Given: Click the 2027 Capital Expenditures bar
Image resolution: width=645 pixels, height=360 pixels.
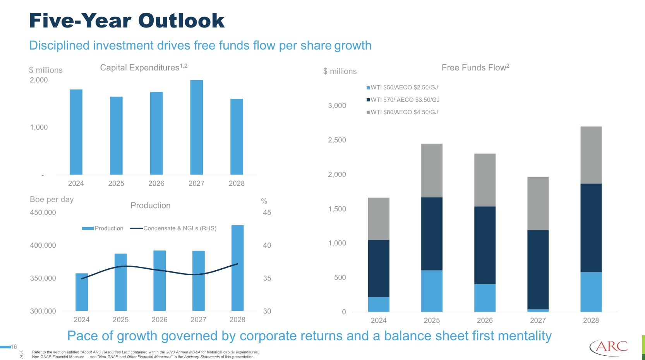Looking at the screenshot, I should click(196, 128).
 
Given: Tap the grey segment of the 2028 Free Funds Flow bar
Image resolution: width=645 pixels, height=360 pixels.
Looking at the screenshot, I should click(591, 155).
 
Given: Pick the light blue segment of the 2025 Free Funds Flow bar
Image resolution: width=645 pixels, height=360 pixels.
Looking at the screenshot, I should click(432, 291).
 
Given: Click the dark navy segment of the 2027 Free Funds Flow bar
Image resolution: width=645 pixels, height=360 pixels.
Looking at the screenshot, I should click(538, 269).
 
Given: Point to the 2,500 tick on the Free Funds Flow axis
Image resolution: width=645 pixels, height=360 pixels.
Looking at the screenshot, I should click(337, 140).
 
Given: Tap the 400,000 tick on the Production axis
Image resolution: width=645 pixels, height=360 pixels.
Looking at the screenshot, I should click(43, 245).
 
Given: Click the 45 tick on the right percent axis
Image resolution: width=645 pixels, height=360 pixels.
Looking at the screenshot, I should click(267, 213).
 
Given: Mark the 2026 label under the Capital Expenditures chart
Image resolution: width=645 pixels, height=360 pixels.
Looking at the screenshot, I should click(156, 183).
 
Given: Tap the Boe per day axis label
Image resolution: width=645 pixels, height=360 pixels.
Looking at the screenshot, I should click(51, 199).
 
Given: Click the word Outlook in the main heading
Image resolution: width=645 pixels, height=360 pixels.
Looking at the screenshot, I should click(181, 21).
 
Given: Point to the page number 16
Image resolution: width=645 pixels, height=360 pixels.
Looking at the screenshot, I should click(14, 347).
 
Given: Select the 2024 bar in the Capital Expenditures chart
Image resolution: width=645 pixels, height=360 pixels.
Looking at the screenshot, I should click(76, 132).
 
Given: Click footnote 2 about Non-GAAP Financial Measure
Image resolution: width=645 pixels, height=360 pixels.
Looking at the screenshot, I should click(143, 357).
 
